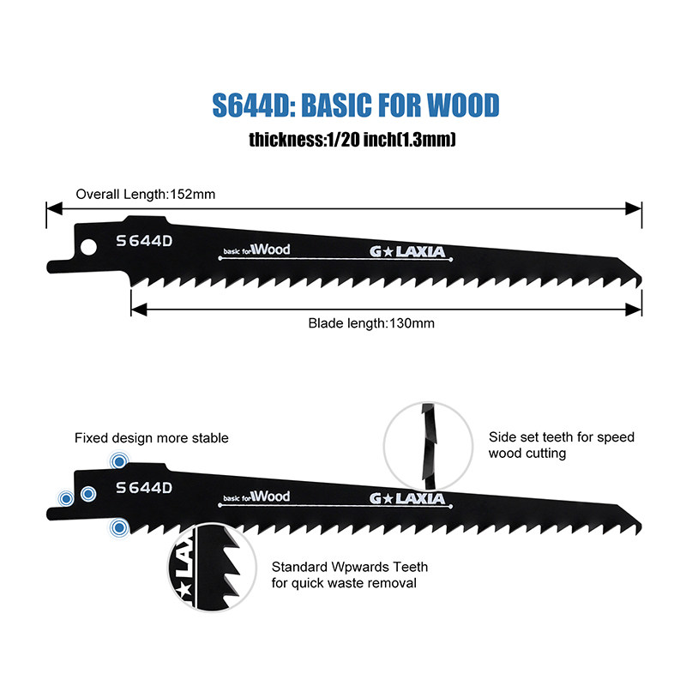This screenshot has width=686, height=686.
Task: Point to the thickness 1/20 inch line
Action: (x=352, y=139)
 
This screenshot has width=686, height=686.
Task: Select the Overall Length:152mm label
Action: (x=146, y=194)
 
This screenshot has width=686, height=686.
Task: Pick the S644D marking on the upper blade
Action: (x=144, y=241)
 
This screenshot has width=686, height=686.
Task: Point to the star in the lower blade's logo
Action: (x=389, y=498)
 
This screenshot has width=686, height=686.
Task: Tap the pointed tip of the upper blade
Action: (x=638, y=277)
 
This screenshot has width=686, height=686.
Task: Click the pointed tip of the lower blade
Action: (x=638, y=524)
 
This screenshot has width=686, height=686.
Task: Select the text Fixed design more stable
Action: (x=152, y=438)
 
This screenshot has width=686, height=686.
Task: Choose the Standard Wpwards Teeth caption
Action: (x=350, y=575)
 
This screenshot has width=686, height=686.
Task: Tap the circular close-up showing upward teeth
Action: (x=211, y=569)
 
